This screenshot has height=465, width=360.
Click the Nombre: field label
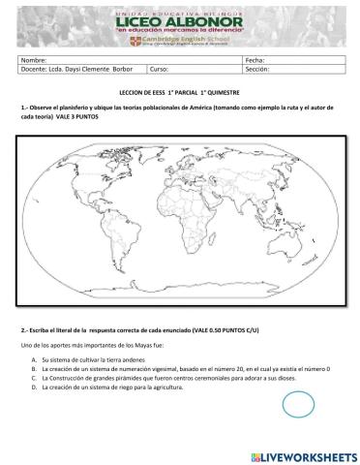[34, 60]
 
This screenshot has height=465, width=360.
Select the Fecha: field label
[256, 60]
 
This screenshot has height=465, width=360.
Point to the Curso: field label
[162, 70]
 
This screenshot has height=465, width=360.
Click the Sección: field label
[259, 70]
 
